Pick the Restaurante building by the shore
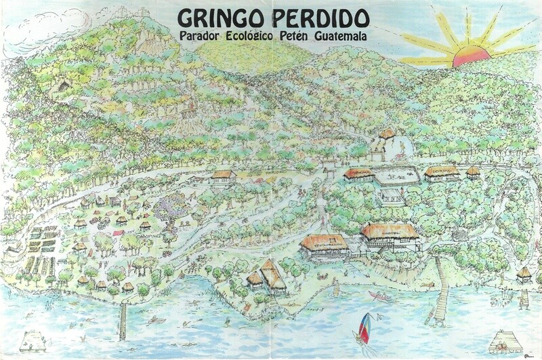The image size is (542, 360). pos(325,246)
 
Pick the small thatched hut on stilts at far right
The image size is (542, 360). pos(523,275)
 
